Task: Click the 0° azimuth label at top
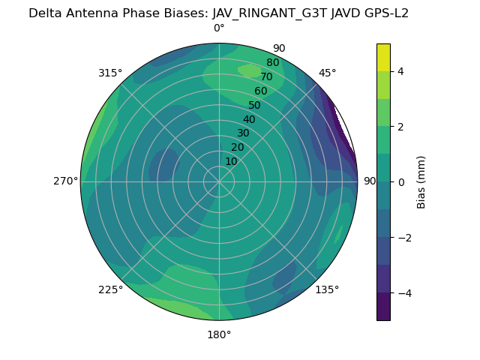(219, 28)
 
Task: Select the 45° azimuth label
(327, 73)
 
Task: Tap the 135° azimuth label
(327, 289)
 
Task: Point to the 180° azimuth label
(219, 334)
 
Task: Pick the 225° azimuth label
(110, 289)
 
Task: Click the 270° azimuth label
(65, 181)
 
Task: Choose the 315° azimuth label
(110, 73)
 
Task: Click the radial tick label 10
(231, 161)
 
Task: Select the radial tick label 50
(254, 106)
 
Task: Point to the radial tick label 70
(266, 76)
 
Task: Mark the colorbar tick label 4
(401, 71)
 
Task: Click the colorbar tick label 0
(401, 182)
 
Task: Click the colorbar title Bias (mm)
(421, 182)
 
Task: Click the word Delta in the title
(44, 13)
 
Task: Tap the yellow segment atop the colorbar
(383, 57)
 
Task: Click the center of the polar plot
(219, 181)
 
